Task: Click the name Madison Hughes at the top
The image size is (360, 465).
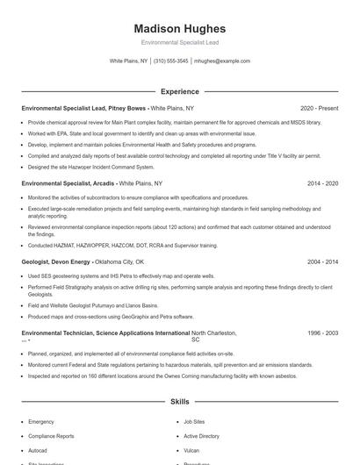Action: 179,29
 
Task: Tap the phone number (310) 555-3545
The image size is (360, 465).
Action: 170,61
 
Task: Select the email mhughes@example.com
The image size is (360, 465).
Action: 222,61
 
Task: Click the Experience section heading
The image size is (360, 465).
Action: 179,91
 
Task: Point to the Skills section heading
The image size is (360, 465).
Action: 179,402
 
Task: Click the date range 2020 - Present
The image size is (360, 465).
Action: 319,108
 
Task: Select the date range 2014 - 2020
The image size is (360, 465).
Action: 322,184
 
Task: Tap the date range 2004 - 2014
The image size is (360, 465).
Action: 322,261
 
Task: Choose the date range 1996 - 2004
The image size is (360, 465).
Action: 322,333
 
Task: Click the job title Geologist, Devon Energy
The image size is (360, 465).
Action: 56,261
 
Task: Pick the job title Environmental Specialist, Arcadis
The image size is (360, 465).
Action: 68,184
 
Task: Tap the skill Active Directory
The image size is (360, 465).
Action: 201,435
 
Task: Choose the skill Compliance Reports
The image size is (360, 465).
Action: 51,435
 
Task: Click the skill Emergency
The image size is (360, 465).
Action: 41,421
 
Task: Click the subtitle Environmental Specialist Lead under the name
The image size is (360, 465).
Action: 179,43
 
